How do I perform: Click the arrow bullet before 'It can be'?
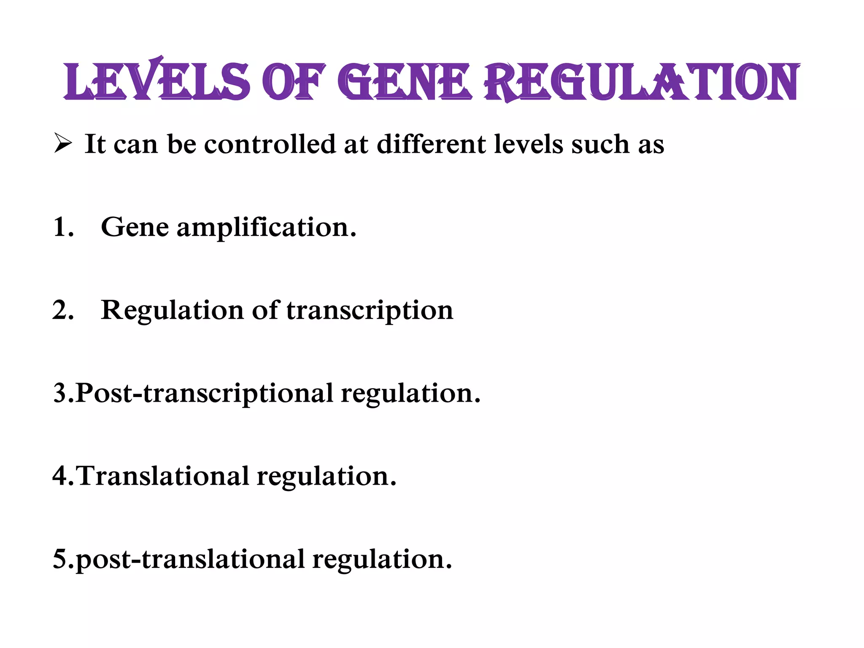[63, 144]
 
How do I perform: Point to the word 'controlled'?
[270, 144]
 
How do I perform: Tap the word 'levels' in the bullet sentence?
[528, 144]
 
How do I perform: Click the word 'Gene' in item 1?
[135, 227]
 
